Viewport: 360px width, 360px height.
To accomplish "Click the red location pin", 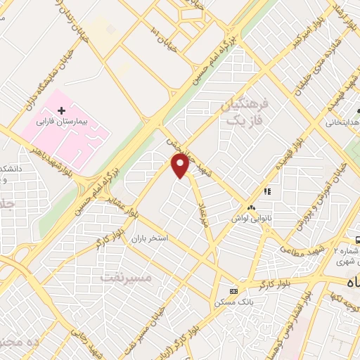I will (x=181, y=165).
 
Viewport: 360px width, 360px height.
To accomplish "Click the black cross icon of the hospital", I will (x=61, y=111).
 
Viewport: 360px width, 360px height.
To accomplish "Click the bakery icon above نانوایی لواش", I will (x=252, y=207).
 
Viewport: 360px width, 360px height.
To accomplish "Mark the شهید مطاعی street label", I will (x=304, y=249).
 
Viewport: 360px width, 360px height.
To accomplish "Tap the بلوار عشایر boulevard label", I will (x=121, y=208).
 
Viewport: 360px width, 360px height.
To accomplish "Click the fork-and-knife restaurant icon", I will (x=267, y=191).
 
